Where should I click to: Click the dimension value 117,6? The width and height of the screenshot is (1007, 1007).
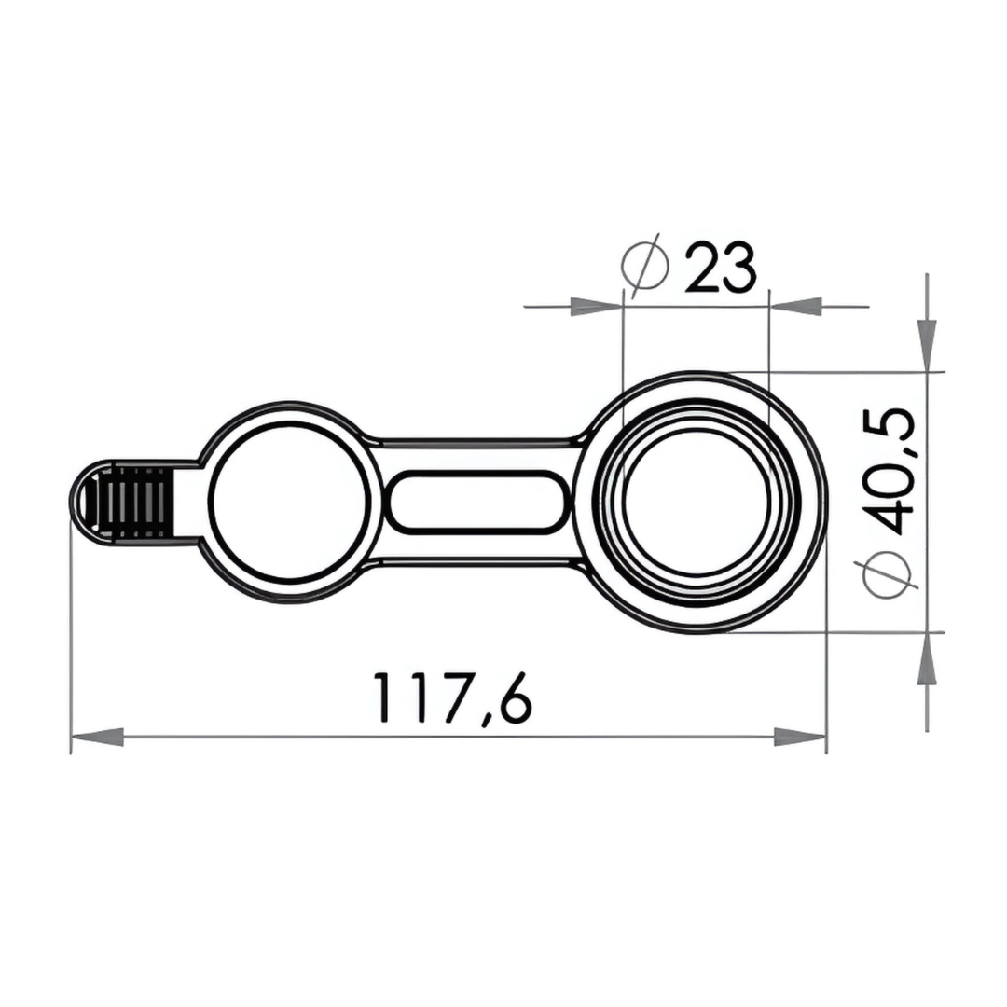(x=452, y=697)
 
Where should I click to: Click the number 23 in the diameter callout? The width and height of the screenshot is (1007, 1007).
(x=719, y=269)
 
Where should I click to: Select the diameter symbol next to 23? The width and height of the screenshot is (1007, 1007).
(x=644, y=266)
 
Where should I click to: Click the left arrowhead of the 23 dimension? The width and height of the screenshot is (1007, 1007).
(x=597, y=306)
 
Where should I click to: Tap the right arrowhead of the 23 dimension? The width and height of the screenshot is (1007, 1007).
(x=795, y=306)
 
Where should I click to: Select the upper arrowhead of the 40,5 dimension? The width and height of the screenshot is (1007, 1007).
(x=927, y=345)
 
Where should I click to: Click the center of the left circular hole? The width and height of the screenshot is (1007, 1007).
(x=289, y=503)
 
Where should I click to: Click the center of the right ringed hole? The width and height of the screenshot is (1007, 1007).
(x=697, y=502)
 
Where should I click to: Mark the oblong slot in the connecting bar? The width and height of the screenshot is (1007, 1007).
(x=476, y=503)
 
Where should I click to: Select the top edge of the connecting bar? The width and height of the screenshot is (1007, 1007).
(x=476, y=440)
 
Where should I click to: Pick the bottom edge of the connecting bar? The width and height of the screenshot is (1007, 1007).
(x=476, y=564)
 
